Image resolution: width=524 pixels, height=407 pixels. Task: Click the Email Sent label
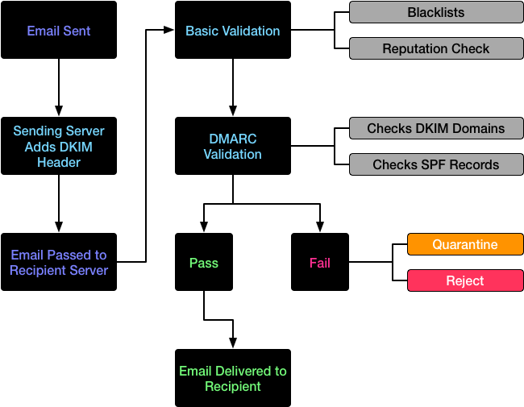pyautogui.click(x=59, y=31)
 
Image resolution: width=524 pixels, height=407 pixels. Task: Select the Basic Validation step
pyautogui.click(x=233, y=31)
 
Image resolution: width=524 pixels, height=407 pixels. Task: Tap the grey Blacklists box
pyautogui.click(x=436, y=12)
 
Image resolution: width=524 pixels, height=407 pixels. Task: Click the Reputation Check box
pyautogui.click(x=436, y=49)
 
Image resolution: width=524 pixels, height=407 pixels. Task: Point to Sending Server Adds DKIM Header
pyautogui.click(x=59, y=147)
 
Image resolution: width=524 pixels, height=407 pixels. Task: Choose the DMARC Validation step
pyautogui.click(x=232, y=147)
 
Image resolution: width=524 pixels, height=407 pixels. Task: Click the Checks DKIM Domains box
pyautogui.click(x=436, y=128)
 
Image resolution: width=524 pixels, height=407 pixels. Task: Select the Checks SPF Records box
pyautogui.click(x=436, y=165)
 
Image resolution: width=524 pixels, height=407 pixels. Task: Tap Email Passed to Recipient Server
pyautogui.click(x=59, y=263)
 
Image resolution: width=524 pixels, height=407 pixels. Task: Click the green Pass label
pyautogui.click(x=204, y=264)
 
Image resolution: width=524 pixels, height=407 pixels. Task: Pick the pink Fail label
pyautogui.click(x=320, y=264)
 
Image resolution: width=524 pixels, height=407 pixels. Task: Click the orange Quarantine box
pyautogui.click(x=465, y=244)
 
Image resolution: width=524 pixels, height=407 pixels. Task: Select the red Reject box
pyautogui.click(x=465, y=280)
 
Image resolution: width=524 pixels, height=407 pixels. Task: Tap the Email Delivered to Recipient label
pyautogui.click(x=233, y=379)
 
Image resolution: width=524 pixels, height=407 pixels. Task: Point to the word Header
pyautogui.click(x=59, y=163)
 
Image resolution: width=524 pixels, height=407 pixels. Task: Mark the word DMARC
pyautogui.click(x=232, y=139)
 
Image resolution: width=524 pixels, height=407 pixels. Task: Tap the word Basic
pyautogui.click(x=202, y=31)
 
